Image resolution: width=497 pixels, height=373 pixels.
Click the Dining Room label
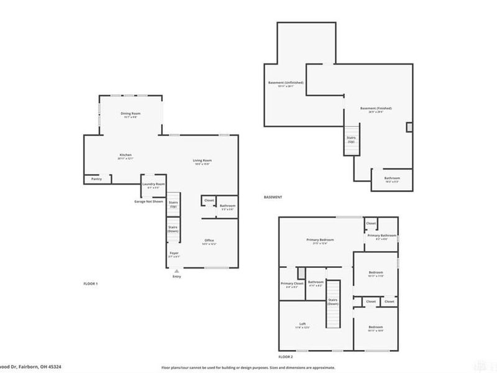[130, 113]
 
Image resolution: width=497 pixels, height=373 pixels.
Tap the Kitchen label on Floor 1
[125, 155]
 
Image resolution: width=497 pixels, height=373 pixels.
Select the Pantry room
[96, 179]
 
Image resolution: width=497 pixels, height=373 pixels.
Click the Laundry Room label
[153, 184]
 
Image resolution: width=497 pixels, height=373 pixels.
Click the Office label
[209, 240]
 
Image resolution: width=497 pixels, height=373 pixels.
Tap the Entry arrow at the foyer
[177, 271]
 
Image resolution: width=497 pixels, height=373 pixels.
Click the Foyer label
[174, 253]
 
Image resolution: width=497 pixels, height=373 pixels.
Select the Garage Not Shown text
[149, 201]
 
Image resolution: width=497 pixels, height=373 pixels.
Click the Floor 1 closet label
[209, 200]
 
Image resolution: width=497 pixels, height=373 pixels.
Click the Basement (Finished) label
[376, 108]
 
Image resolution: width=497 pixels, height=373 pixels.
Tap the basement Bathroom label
[392, 178]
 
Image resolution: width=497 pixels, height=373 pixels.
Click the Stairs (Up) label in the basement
[351, 139]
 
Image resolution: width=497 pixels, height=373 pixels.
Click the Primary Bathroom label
[381, 236]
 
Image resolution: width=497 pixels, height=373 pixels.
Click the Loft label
[303, 325]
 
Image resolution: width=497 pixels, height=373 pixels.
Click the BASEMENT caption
[273, 197]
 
